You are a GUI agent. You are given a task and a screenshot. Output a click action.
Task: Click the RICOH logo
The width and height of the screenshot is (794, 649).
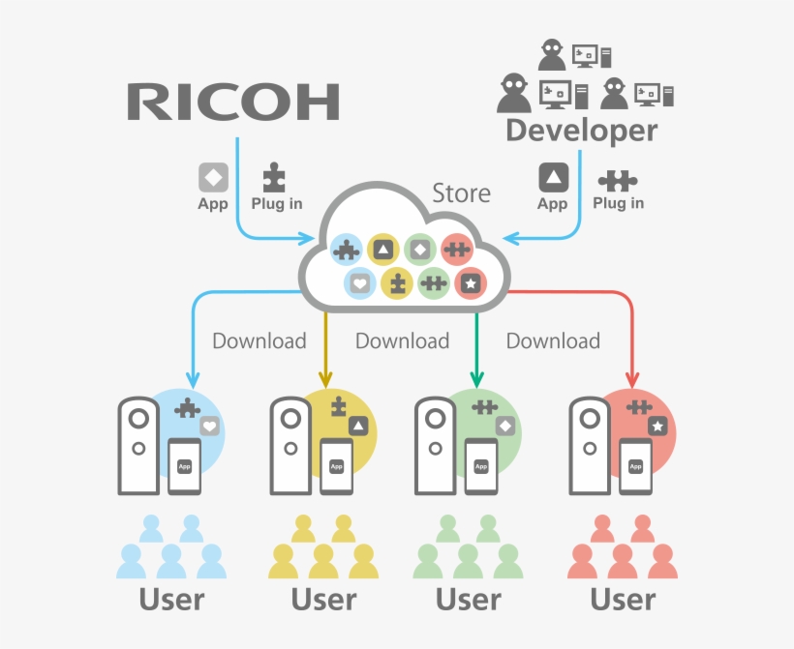pyautogui.click(x=233, y=102)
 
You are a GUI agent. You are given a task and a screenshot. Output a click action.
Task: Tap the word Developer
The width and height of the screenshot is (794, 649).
pyautogui.click(x=581, y=131)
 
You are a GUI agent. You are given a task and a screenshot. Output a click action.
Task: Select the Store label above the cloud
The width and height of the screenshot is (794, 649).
pyautogui.click(x=461, y=193)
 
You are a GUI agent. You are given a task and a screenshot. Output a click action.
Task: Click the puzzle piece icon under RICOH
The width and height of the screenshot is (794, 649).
pyautogui.click(x=275, y=177)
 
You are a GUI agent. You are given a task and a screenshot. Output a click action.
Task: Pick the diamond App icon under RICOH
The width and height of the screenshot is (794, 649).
pyautogui.click(x=213, y=177)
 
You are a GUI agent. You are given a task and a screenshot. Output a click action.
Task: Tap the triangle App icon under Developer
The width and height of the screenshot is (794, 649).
pyautogui.click(x=553, y=177)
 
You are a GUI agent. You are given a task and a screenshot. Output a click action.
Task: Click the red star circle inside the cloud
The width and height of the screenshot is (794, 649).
pyautogui.click(x=470, y=283)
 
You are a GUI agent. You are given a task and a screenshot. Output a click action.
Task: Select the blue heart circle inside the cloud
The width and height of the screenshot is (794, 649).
pyautogui.click(x=359, y=283)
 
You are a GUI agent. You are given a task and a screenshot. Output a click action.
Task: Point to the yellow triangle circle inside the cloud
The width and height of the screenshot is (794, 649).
pyautogui.click(x=383, y=250)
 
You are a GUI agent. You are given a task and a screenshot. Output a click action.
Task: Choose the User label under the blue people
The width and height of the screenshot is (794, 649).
pyautogui.click(x=172, y=600)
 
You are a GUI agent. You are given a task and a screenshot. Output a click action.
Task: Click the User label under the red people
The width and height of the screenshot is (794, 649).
pyautogui.click(x=624, y=600)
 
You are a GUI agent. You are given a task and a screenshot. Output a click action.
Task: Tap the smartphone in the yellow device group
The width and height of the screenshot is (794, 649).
pyautogui.click(x=336, y=466)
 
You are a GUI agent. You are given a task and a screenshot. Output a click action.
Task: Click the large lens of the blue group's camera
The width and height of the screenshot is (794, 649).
pyautogui.click(x=138, y=416)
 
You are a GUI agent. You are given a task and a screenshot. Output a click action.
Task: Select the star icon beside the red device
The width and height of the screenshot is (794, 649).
pyautogui.click(x=657, y=426)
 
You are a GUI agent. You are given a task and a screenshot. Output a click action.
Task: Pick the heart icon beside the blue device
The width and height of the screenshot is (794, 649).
pyautogui.click(x=210, y=426)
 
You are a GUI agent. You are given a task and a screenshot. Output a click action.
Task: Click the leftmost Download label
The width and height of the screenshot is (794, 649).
pyautogui.click(x=259, y=340)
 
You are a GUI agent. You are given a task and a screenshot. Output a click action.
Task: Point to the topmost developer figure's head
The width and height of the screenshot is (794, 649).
pyautogui.click(x=551, y=48)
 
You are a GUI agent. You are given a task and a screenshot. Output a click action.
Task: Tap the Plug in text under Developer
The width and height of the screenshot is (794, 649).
pyautogui.click(x=618, y=203)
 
